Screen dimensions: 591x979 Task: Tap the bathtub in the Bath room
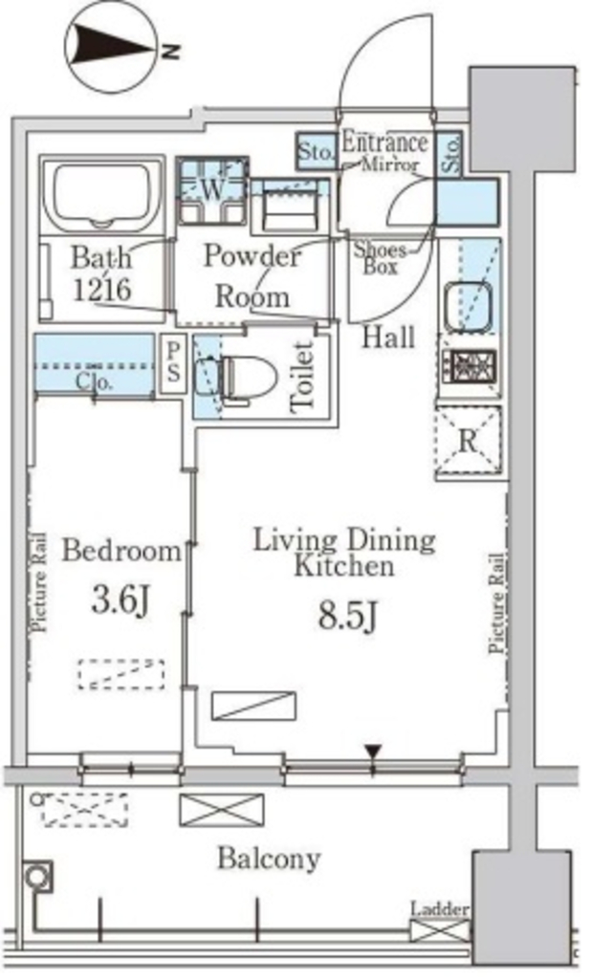tap(101, 196)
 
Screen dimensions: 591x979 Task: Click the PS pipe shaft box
tap(173, 365)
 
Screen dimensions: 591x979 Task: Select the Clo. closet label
tap(95, 381)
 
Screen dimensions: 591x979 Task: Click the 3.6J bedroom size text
tap(120, 600)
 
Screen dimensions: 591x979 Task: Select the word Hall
tap(389, 337)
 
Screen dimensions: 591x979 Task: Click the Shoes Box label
tap(380, 258)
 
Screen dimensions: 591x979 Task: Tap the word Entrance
tap(384, 142)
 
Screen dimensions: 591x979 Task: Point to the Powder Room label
tap(252, 276)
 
